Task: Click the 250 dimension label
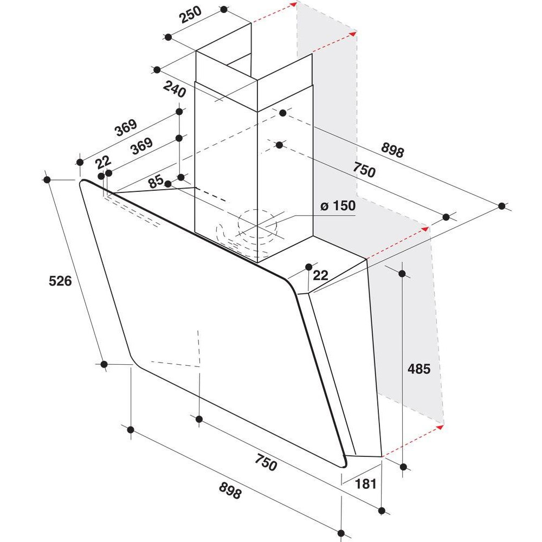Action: coord(191,15)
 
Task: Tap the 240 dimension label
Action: coord(175,89)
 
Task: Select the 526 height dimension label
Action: coord(60,281)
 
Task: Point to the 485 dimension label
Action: coord(419,369)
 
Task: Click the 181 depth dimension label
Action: coord(366,484)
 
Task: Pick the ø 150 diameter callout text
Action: coord(338,205)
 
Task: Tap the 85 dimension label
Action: coord(156,181)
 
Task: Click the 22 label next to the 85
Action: coord(103,162)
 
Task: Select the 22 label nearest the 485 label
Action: coord(320,275)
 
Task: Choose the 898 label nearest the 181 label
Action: coord(230,491)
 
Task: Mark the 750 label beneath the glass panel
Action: coord(266,462)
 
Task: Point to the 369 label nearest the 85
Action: coord(141,146)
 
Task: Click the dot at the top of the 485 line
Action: coord(402,274)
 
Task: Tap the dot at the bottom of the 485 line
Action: coord(403,467)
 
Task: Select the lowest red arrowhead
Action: coord(440,427)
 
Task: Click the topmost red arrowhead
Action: coord(294,4)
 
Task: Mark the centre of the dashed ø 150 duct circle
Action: coord(257,225)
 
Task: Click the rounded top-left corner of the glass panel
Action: coord(82,182)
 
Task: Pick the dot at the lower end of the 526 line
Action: coord(104,364)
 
